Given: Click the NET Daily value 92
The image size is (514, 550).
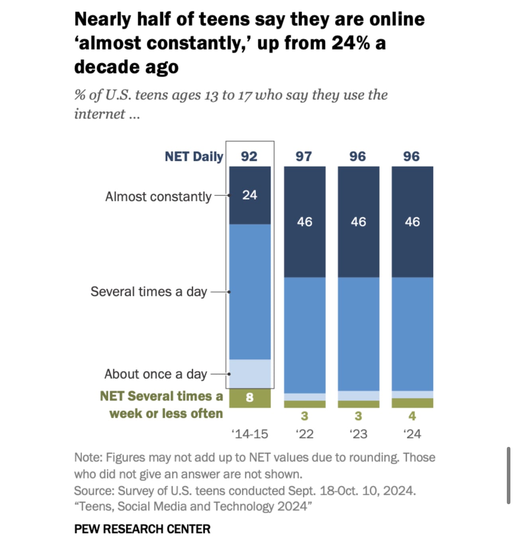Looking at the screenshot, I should (249, 157).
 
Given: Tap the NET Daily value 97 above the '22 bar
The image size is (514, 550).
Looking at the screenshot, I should (304, 157).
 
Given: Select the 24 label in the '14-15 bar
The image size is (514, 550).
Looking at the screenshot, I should (250, 195).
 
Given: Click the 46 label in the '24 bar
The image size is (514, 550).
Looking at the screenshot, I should (412, 222).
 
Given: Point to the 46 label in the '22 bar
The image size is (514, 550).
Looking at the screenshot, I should (304, 222).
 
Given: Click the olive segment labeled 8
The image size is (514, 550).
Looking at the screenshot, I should (250, 398).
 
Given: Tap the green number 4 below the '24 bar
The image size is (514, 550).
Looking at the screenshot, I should (412, 416).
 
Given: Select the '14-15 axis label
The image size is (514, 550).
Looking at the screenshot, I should (250, 434).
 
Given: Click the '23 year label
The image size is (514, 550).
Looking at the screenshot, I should (358, 434).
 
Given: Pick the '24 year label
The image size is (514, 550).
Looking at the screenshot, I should (412, 434).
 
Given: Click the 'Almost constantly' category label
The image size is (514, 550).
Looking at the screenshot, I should (158, 197).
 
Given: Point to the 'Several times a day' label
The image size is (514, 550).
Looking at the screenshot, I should (149, 292).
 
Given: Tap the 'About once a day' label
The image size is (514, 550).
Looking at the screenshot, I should (155, 374).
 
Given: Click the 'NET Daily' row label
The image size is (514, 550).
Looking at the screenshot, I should (194, 157).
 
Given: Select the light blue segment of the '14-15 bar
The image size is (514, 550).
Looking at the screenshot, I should (250, 374).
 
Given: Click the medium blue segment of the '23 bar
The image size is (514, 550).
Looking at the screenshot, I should (358, 334).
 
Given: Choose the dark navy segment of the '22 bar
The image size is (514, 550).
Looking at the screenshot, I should (304, 247).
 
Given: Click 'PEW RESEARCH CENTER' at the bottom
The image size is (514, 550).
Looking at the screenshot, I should (142, 529).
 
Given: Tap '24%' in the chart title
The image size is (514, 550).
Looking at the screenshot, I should (350, 43).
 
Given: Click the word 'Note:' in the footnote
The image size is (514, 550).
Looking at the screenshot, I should (88, 458).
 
